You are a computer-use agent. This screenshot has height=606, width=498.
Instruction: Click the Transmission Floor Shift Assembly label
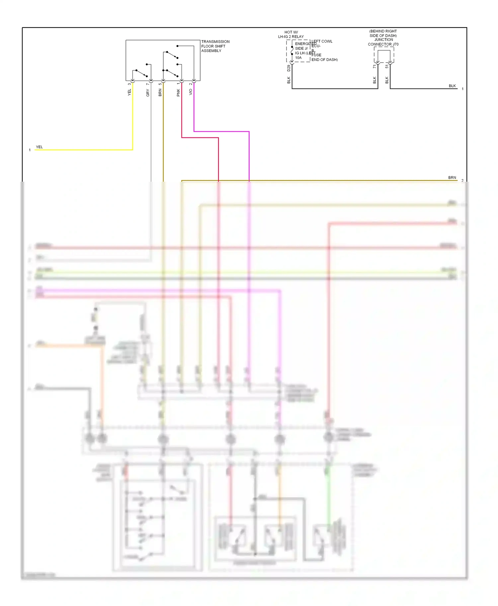215,46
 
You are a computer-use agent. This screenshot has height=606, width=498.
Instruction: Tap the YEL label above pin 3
129,92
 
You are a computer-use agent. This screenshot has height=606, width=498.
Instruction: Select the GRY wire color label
148,93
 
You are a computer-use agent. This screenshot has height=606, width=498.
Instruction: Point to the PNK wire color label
178,93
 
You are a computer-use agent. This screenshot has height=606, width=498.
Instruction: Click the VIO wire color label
191,92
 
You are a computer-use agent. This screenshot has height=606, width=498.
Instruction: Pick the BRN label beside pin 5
160,92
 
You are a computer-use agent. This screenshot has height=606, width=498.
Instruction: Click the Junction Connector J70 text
383,44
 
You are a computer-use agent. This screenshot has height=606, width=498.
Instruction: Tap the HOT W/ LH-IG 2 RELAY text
291,34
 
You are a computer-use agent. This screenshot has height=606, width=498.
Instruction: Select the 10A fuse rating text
298,58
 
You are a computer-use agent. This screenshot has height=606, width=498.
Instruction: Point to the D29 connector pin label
289,68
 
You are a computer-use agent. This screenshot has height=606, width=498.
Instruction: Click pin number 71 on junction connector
374,66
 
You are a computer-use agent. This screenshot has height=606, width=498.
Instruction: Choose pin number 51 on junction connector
387,66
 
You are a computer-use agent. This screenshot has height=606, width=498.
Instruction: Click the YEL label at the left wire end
39,147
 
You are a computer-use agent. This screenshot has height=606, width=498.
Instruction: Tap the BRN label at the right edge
452,178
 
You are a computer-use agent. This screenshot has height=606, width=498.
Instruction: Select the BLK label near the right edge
452,86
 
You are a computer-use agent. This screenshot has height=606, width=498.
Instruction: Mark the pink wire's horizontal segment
200,138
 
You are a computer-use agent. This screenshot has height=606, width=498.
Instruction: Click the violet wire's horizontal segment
221,132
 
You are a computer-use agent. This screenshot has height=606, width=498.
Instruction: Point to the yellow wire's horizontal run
83,150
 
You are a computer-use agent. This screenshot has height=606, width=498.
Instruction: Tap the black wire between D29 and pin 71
335,89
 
